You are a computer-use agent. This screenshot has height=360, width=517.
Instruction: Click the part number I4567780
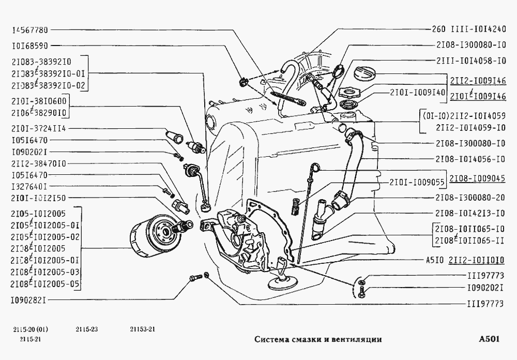tap(29, 31)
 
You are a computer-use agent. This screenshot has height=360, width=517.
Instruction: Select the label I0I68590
tap(29, 46)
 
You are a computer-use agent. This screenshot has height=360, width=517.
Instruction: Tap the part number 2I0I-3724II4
tap(37, 128)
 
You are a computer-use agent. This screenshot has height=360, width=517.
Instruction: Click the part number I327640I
tap(29, 186)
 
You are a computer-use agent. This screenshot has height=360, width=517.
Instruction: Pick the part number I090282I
tap(29, 299)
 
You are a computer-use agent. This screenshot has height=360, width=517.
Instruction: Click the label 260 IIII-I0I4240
tap(468, 30)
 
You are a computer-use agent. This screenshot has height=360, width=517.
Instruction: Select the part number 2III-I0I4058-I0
tap(470, 61)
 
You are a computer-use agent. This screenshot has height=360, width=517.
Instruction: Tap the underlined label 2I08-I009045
tap(477, 178)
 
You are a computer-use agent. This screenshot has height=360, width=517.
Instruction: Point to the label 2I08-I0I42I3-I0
tap(470, 213)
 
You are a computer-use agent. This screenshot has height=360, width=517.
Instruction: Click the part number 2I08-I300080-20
tap(470, 198)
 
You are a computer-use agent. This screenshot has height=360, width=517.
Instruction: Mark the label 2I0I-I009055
tap(418, 182)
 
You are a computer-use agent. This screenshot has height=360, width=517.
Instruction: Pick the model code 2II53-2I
tap(142, 329)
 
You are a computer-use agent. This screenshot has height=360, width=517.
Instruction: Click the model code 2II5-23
tap(86, 329)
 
